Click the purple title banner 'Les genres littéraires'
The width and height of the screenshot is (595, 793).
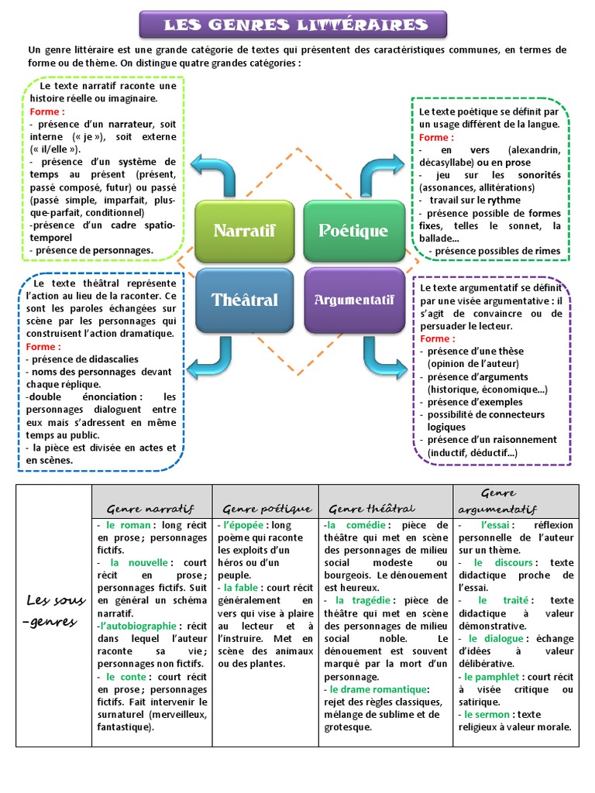coord(294,25)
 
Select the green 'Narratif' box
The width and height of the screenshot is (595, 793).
coord(244,230)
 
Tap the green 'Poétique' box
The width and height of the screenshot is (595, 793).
coord(353,230)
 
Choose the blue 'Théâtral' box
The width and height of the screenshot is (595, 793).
coord(244,300)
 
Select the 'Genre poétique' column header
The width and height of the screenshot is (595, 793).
coord(267,509)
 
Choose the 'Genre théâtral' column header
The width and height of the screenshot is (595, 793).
coord(372,509)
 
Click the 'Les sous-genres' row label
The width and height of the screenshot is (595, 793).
coord(53,611)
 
